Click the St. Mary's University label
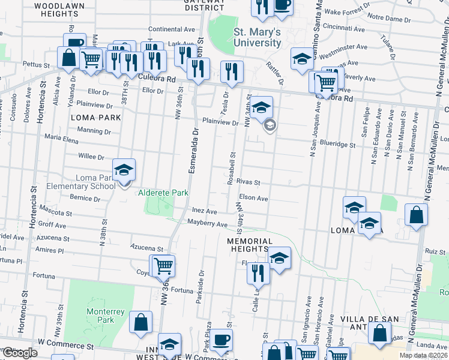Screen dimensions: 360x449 (258, 37)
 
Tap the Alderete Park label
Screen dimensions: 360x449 (164, 193)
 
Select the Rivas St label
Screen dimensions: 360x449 (247, 182)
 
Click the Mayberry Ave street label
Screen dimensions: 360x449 (207, 224)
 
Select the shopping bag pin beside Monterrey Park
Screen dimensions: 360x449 (140, 322)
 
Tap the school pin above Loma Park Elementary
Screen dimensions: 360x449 (124, 170)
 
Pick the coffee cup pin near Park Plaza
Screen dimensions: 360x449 (221, 339)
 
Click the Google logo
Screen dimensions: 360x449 (20, 353)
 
